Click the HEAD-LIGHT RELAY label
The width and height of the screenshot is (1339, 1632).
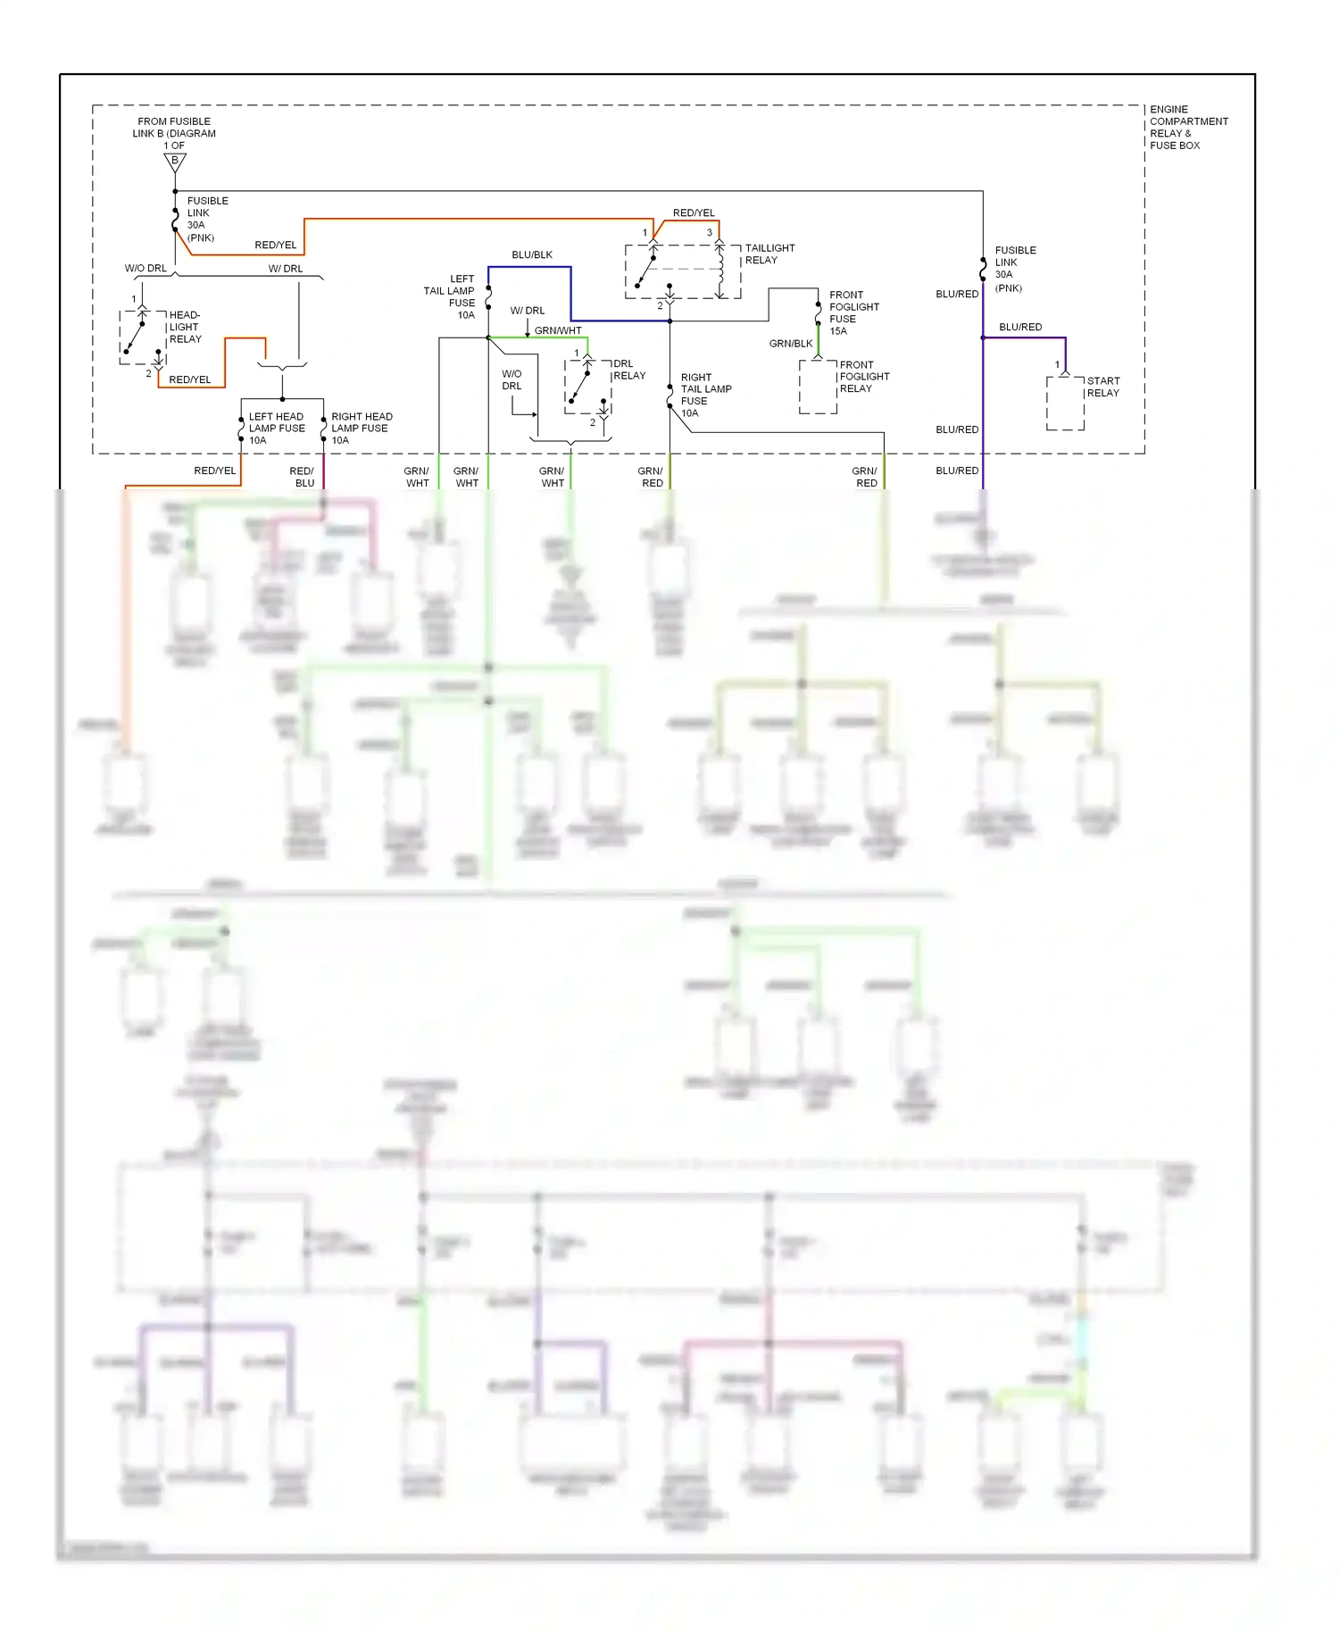(x=185, y=327)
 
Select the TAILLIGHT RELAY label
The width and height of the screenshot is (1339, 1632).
(x=769, y=254)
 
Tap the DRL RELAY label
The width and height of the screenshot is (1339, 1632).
(x=628, y=370)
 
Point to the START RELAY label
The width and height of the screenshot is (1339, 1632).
(x=1102, y=387)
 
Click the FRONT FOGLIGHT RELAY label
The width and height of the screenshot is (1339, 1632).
(x=863, y=377)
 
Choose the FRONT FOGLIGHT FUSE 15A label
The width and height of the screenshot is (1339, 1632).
(x=853, y=312)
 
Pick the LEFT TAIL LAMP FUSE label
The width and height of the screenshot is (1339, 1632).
(x=450, y=296)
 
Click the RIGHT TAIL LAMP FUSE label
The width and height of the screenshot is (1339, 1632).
(x=705, y=395)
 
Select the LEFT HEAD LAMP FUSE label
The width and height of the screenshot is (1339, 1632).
(x=276, y=429)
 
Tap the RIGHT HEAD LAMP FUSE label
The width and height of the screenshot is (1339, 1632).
(x=361, y=429)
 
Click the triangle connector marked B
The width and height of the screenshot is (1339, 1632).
(x=175, y=162)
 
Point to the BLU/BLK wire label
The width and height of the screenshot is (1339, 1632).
(x=532, y=255)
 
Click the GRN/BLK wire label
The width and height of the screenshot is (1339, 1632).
(x=791, y=344)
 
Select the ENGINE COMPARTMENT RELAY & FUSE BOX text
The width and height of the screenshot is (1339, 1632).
(x=1187, y=128)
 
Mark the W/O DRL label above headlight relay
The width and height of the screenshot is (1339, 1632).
(x=146, y=269)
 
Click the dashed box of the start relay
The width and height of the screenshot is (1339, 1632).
(x=1065, y=404)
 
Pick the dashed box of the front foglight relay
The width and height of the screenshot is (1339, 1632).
(x=818, y=387)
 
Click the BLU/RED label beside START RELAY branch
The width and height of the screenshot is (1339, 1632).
(x=1020, y=328)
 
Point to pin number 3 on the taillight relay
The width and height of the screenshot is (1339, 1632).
(x=710, y=233)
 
